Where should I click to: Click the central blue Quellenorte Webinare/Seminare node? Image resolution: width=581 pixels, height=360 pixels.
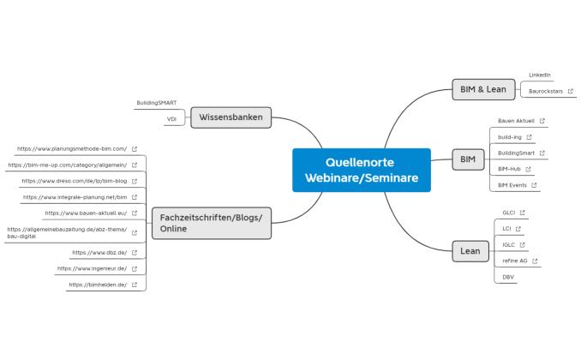pyautogui.click(x=361, y=170)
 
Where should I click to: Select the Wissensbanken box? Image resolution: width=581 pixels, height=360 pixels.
pyautogui.click(x=231, y=117)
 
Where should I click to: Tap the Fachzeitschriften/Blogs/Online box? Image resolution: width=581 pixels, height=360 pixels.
pyautogui.click(x=211, y=223)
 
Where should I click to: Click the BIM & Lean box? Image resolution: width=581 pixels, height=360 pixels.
pyautogui.click(x=482, y=89)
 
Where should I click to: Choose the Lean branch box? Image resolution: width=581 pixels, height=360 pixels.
pyautogui.click(x=470, y=251)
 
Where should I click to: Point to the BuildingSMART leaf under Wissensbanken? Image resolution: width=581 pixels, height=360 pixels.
pyautogui.click(x=156, y=103)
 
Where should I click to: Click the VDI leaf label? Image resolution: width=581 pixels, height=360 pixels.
pyautogui.click(x=171, y=119)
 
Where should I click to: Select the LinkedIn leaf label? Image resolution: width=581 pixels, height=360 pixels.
pyautogui.click(x=539, y=75)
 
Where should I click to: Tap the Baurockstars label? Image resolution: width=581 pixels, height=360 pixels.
pyautogui.click(x=545, y=91)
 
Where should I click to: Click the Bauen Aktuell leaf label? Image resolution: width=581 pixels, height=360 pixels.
pyautogui.click(x=516, y=121)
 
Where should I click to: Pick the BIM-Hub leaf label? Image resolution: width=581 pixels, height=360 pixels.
pyautogui.click(x=509, y=169)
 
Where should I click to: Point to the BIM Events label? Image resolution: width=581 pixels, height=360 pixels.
pyautogui.click(x=512, y=185)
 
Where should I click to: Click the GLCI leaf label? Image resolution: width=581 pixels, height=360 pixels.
pyautogui.click(x=508, y=213)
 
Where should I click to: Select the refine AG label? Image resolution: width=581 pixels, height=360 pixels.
pyautogui.click(x=515, y=261)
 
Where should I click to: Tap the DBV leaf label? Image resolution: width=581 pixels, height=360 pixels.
pyautogui.click(x=508, y=277)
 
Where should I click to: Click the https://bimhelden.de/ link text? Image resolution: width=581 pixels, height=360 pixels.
pyautogui.click(x=97, y=285)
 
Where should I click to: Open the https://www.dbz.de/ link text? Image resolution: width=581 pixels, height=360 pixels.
pyautogui.click(x=99, y=253)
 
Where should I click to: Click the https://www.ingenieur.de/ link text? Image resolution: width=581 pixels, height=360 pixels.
pyautogui.click(x=92, y=268)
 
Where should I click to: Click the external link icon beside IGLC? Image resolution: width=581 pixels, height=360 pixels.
pyautogui.click(x=522, y=244)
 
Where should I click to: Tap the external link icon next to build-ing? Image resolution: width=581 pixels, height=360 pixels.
pyautogui.click(x=529, y=137)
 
